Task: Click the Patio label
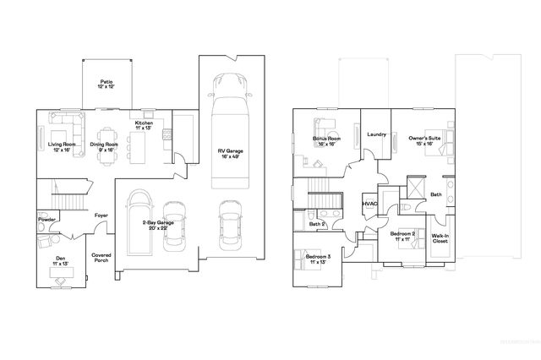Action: coord(107,85)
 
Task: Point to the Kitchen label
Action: coord(144,125)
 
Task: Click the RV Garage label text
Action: coord(231,152)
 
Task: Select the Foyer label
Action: coord(101,215)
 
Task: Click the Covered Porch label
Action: coord(101,257)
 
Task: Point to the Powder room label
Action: coord(46,219)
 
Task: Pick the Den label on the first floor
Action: coord(61,260)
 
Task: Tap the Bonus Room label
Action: coord(325,140)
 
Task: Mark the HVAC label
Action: coord(369,204)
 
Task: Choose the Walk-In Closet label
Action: coord(440,238)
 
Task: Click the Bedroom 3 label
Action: coord(318,259)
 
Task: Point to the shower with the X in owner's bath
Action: coord(416,187)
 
